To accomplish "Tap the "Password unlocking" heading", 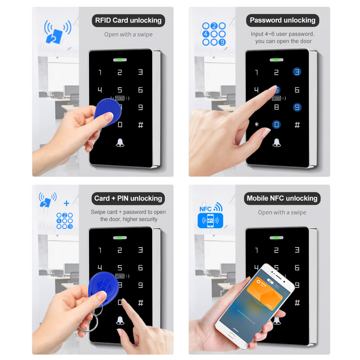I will point(283,20).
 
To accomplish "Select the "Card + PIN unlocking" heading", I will point(128,198).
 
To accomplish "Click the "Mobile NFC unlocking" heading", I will point(282,198).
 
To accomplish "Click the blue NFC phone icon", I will point(211,220).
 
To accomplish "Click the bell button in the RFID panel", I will point(120,143).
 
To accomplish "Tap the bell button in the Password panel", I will point(276,143).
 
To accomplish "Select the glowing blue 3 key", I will point(297,72).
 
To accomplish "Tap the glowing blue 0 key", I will point(276,124).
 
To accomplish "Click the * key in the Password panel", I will point(256,124).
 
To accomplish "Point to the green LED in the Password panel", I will point(276,59).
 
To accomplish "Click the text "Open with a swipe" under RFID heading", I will point(128,34).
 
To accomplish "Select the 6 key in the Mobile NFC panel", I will point(297,268).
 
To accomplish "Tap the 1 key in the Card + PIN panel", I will point(100,250).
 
